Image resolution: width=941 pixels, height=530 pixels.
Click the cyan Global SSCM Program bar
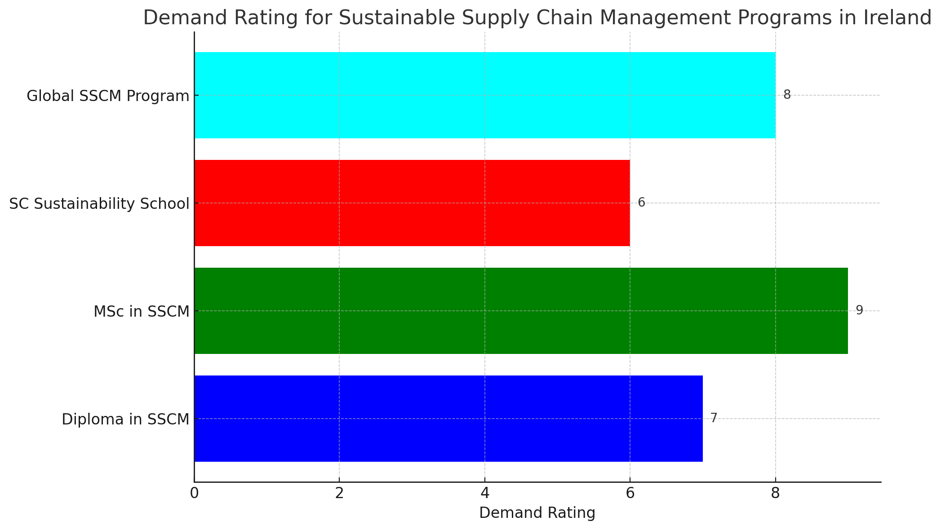[x=484, y=95]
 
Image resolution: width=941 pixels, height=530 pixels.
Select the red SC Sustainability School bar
[x=412, y=203]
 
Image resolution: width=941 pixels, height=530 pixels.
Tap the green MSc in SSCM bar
[x=520, y=311]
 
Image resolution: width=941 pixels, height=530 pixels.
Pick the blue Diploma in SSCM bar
[x=448, y=419]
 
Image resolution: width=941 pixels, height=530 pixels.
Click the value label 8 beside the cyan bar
[x=787, y=95]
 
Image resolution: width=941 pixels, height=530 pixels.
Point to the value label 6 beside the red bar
[x=641, y=203]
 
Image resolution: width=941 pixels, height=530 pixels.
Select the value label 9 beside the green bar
[x=859, y=310]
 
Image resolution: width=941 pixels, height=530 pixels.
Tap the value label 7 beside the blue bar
[x=714, y=418]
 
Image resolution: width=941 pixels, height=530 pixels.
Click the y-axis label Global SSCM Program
[x=108, y=96]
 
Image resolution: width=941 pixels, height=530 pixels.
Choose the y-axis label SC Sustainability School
[x=99, y=204]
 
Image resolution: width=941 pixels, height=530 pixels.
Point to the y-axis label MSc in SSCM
[x=142, y=312]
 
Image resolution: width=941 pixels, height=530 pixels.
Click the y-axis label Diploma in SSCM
[x=125, y=420]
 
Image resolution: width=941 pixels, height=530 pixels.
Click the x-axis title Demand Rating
[x=537, y=513]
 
